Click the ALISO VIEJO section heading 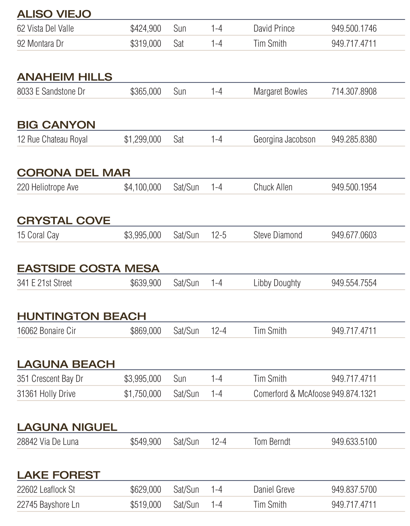(x=54, y=14)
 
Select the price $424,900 (x=146, y=28)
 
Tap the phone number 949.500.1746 (x=354, y=28)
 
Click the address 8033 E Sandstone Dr (x=51, y=92)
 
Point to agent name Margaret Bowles (x=280, y=92)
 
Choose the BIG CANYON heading (x=56, y=125)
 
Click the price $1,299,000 (x=143, y=140)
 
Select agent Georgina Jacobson (x=284, y=140)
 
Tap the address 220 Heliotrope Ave (x=48, y=187)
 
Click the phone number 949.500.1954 (x=354, y=187)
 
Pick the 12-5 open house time (x=219, y=235)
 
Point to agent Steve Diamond (x=278, y=235)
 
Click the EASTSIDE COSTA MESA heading (x=88, y=269)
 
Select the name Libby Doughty (x=277, y=283)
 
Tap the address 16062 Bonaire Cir (x=46, y=331)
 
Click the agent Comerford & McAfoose (x=291, y=394)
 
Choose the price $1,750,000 (x=143, y=394)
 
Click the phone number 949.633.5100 (x=354, y=442)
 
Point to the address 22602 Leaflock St (x=46, y=490)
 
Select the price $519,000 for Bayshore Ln (x=146, y=505)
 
